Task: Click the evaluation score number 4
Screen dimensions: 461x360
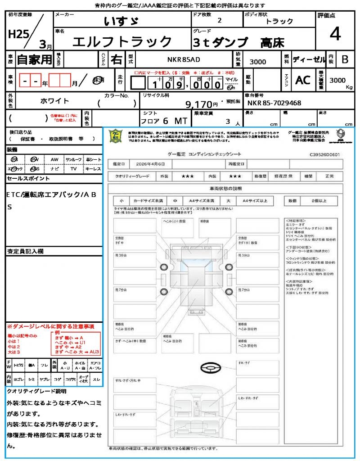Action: (x=335, y=34)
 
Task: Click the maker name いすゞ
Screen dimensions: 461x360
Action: (x=121, y=21)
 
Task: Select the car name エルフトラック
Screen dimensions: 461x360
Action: (x=122, y=42)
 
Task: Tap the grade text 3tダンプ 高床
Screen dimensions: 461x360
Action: (x=238, y=43)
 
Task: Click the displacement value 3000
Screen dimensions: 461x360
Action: (x=257, y=62)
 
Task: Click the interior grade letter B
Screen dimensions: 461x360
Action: (x=345, y=59)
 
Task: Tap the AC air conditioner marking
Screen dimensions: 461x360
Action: (x=303, y=80)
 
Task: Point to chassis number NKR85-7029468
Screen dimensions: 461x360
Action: (x=274, y=103)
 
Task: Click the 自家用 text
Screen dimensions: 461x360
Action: (x=34, y=59)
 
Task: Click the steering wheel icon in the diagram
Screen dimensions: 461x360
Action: (x=210, y=369)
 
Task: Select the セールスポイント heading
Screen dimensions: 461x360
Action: (x=28, y=179)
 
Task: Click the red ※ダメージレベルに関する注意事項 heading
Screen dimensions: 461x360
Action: (x=50, y=326)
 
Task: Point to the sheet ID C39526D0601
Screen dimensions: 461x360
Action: (x=324, y=154)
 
